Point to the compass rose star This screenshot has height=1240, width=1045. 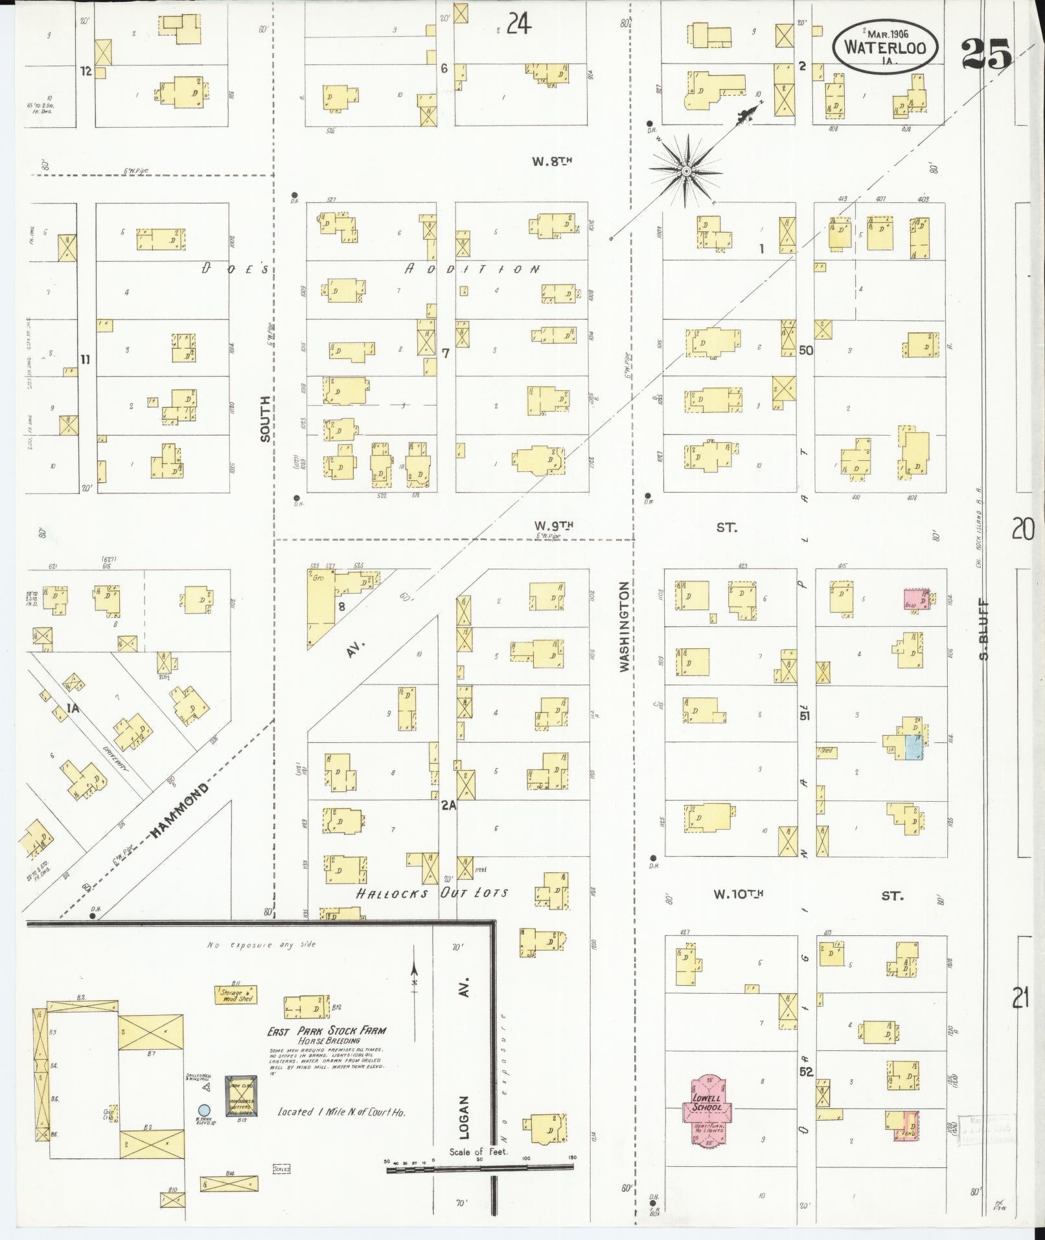pos(685,171)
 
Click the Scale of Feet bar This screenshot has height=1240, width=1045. pos(479,1166)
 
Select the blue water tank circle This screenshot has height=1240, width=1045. pos(204,1110)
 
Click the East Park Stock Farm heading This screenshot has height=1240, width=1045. pos(327,1031)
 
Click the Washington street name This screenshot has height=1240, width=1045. pos(624,626)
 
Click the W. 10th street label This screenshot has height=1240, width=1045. pos(738,895)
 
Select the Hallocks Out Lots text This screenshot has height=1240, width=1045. pos(431,893)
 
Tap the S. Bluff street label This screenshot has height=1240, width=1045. pos(984,629)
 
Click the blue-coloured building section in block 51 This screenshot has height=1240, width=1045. pos(913,747)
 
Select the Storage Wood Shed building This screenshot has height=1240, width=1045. pos(235,994)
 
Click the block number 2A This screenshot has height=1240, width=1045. pos(449,805)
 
